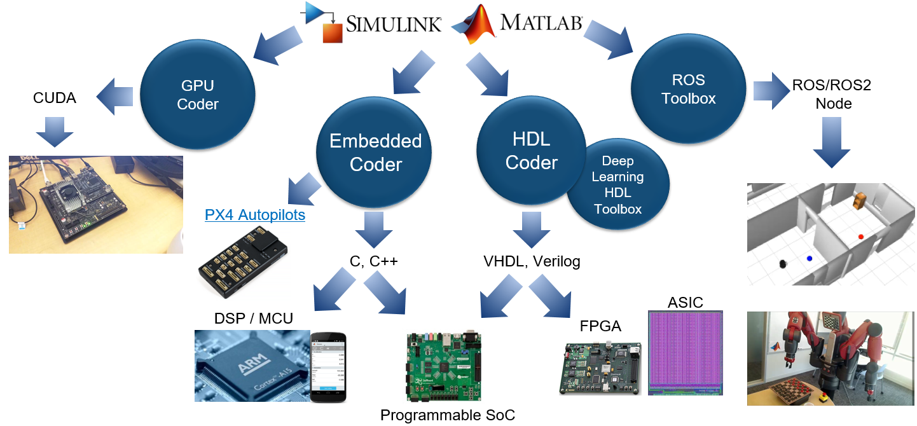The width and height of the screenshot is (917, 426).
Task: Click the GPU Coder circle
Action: point(197,95)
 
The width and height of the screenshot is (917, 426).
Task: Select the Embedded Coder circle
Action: point(375,153)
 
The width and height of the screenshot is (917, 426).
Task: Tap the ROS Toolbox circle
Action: point(688,90)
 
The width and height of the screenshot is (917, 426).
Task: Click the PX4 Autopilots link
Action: point(254,216)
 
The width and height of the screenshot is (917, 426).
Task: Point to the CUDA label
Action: point(54,98)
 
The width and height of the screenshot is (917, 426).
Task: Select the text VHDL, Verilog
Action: point(532,261)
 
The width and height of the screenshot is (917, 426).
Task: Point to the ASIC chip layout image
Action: point(686,353)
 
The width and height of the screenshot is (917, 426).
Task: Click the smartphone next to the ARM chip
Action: point(329,367)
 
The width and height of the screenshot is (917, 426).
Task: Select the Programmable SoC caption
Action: point(447,415)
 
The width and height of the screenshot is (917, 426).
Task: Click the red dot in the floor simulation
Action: point(860,237)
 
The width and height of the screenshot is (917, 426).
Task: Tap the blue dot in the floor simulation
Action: point(809,259)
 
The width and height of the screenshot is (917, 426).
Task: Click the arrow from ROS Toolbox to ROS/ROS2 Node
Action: point(770,86)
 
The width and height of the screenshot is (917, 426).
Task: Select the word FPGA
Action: point(600,326)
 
